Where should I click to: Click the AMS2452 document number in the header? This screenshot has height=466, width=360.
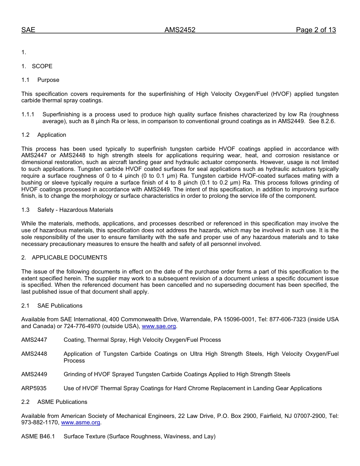(180, 30)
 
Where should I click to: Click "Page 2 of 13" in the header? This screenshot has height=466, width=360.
(316, 30)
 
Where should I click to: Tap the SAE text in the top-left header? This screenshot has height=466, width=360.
(28, 30)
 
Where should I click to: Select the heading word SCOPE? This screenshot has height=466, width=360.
(42, 66)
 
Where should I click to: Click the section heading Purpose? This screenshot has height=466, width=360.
(48, 80)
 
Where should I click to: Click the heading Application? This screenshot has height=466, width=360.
(52, 135)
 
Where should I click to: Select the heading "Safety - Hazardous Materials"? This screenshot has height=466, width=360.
(75, 210)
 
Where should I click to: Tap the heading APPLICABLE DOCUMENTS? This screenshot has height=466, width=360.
(69, 258)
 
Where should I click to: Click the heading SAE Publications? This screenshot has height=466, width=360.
(59, 306)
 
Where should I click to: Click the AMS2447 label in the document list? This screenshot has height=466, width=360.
(34, 340)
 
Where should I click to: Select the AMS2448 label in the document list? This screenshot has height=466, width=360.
(34, 354)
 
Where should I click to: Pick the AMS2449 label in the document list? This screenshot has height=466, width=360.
(34, 374)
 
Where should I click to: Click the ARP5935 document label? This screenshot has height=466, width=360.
(34, 388)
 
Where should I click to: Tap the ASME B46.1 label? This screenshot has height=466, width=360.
(38, 436)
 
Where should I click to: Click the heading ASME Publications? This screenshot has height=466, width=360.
(62, 402)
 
